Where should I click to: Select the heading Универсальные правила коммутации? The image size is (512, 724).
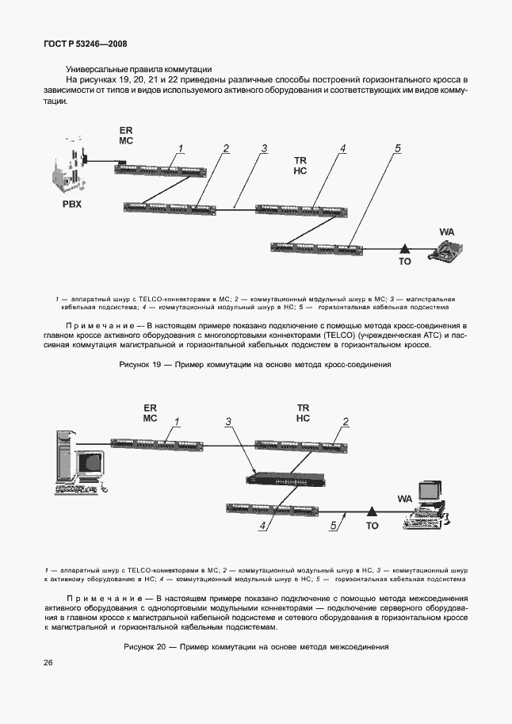pyautogui.click(x=133, y=70)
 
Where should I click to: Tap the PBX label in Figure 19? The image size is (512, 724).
pyautogui.click(x=72, y=205)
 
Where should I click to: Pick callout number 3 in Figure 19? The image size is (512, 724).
pyautogui.click(x=265, y=148)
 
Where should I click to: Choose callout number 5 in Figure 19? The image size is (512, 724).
pyautogui.click(x=398, y=148)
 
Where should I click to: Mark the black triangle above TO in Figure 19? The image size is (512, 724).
pyautogui.click(x=404, y=248)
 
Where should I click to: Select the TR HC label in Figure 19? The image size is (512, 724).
pyautogui.click(x=300, y=165)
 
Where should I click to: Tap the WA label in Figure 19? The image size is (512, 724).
pyautogui.click(x=446, y=232)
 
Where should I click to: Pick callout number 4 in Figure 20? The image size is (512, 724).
pyautogui.click(x=266, y=524)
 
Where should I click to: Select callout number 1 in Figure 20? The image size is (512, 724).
pyautogui.click(x=178, y=422)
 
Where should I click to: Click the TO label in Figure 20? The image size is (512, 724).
pyautogui.click(x=372, y=526)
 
